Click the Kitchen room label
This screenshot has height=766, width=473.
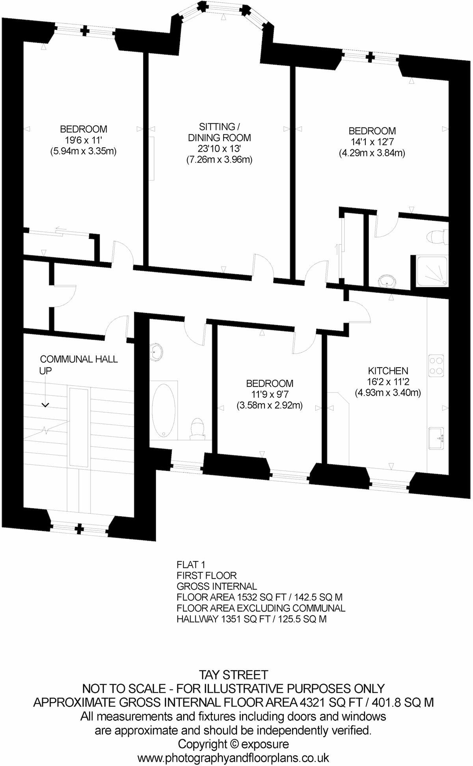[x=388, y=370]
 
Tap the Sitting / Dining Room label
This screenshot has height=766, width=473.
[x=219, y=132]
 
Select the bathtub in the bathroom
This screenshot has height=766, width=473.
[x=164, y=410]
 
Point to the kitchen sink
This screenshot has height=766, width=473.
[x=437, y=438]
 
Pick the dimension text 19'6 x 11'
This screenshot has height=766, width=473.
[x=83, y=140]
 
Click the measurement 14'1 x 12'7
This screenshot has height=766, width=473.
[x=372, y=142]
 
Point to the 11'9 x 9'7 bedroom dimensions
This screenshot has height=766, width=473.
[x=270, y=394]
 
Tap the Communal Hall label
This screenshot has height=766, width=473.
[x=79, y=359]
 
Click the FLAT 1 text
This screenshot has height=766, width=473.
[x=191, y=565]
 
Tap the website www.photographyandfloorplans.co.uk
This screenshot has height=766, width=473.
[x=233, y=758]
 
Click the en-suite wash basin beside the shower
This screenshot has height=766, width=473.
[x=388, y=281]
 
